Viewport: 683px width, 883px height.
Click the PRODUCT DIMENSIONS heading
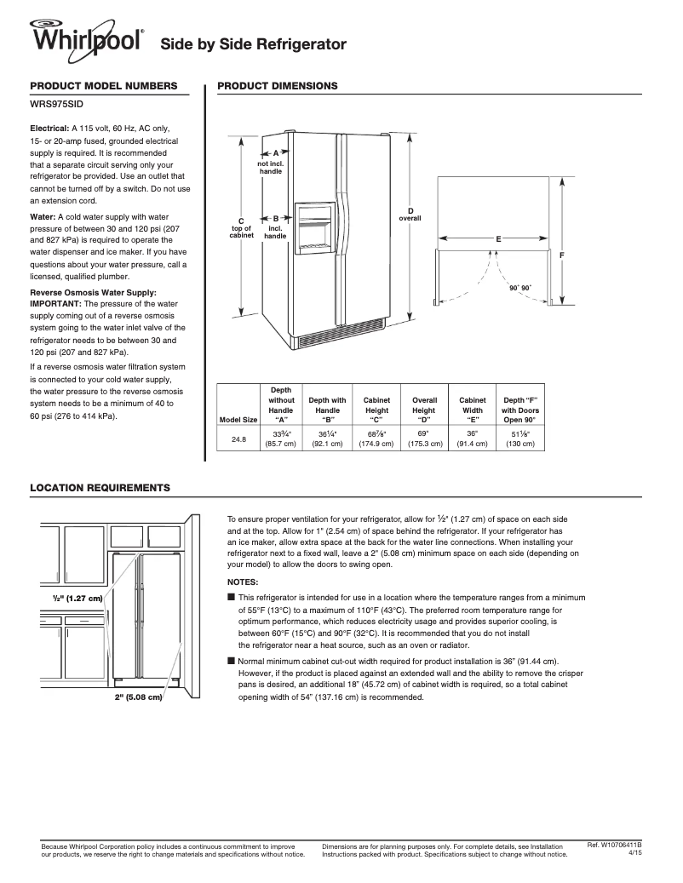[278, 86]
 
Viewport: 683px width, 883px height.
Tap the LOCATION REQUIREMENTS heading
[100, 487]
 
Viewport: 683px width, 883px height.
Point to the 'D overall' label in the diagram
[410, 215]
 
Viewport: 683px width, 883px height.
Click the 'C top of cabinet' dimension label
[241, 227]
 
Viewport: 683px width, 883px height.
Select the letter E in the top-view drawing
[498, 239]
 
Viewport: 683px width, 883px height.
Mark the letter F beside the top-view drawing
[562, 255]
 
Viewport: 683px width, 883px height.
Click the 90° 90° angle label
[519, 289]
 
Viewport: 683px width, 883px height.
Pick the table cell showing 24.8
[238, 439]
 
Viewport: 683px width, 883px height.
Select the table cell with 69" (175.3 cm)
[424, 439]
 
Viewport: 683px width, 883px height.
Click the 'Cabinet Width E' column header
[472, 409]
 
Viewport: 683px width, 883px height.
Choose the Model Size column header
[238, 419]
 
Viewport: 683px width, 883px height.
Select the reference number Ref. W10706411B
[614, 845]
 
